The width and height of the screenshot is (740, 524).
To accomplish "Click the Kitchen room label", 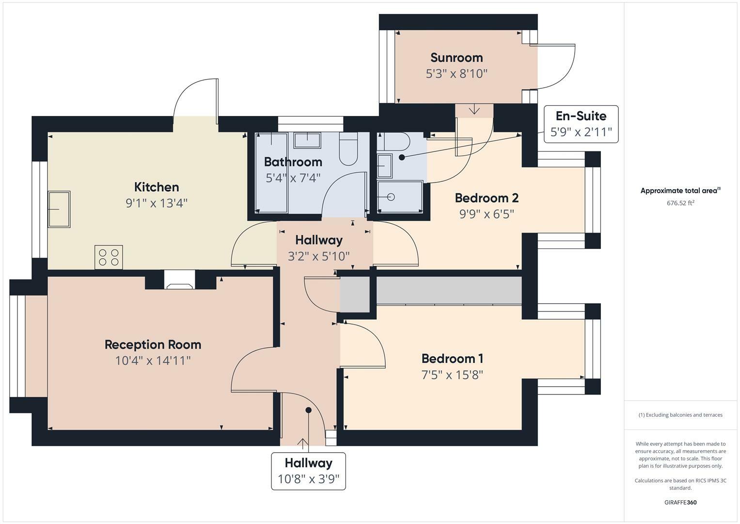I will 156,187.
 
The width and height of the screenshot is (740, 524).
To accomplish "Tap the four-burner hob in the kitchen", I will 109,257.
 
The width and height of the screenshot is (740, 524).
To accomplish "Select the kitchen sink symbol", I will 59,209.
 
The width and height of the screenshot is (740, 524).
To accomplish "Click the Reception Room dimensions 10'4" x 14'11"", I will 153,360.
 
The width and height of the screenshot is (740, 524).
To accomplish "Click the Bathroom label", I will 293,162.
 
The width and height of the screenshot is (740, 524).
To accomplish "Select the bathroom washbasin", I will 307,140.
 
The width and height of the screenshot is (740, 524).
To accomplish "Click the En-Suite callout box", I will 581,124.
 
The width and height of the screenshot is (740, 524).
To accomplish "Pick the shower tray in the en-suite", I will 400,196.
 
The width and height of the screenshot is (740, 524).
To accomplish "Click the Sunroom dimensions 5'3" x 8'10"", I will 456,74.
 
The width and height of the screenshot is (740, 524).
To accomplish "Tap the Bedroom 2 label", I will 486,198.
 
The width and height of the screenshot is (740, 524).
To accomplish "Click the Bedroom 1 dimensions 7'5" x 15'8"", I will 452,375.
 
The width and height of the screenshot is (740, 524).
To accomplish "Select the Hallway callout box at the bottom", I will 308,471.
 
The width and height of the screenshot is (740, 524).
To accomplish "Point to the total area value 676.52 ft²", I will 680,203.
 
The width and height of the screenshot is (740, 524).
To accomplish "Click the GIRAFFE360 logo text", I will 680,502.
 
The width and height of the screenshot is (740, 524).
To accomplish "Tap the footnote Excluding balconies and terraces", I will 680,415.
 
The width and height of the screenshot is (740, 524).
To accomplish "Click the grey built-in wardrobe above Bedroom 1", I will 448,291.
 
